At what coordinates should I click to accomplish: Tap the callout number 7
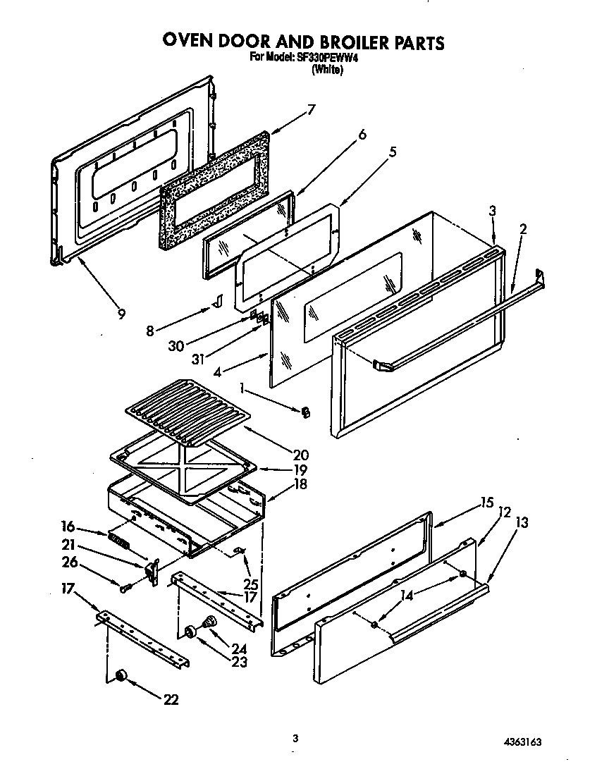point(311,109)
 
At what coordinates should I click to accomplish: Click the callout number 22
point(170,700)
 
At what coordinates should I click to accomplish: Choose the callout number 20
point(300,455)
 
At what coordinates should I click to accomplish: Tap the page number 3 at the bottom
point(295,738)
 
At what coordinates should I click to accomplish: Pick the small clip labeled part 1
point(305,411)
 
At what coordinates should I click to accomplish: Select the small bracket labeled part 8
point(218,302)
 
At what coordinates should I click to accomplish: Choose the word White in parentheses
point(327,70)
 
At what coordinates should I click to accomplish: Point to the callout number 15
point(487,503)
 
